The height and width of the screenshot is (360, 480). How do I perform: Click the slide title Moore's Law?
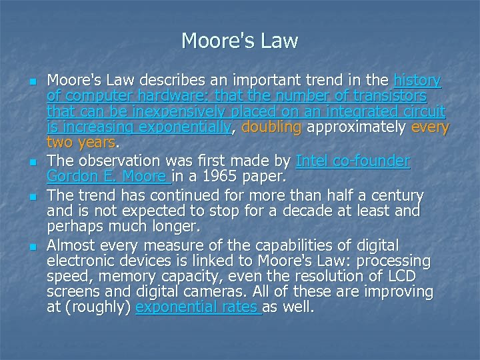(239, 41)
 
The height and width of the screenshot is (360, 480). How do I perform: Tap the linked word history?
(417, 81)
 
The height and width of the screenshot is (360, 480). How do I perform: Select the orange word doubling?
(271, 127)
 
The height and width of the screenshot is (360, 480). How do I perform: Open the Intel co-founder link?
(353, 161)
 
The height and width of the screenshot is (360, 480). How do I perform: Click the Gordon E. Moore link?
(107, 177)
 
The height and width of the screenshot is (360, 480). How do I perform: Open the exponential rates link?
(197, 307)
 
